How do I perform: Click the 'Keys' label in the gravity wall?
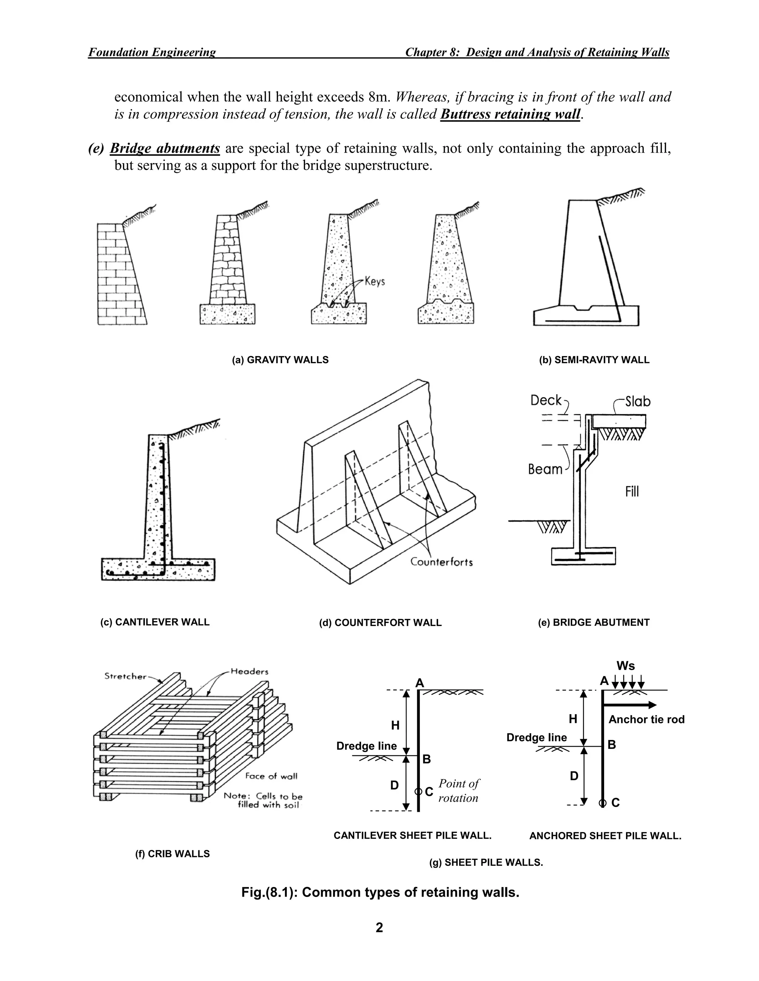pyautogui.click(x=374, y=282)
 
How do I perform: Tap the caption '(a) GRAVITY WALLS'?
pyautogui.click(x=280, y=360)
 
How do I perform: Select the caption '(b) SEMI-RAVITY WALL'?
pyautogui.click(x=594, y=360)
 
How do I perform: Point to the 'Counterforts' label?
pyautogui.click(x=441, y=562)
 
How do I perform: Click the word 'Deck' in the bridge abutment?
pyautogui.click(x=546, y=400)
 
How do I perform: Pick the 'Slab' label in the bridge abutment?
pyautogui.click(x=637, y=401)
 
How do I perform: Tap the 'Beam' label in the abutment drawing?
pyautogui.click(x=545, y=469)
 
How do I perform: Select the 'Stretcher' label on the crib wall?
pyautogui.click(x=126, y=676)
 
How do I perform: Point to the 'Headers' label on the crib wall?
pyautogui.click(x=249, y=672)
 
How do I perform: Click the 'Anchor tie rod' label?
pyautogui.click(x=646, y=720)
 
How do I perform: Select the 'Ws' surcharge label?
pyautogui.click(x=626, y=666)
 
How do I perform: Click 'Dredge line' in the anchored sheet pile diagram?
pyautogui.click(x=536, y=737)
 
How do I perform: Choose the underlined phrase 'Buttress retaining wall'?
pyautogui.click(x=510, y=114)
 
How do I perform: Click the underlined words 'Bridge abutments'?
pyautogui.click(x=165, y=148)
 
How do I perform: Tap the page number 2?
pyautogui.click(x=379, y=928)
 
